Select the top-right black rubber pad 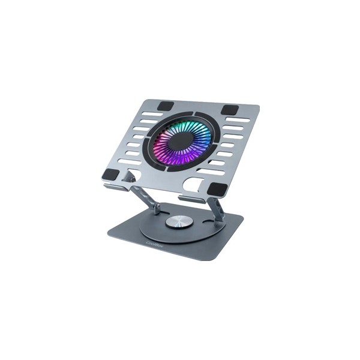(x=229, y=110)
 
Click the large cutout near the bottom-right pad (x=195, y=184)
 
